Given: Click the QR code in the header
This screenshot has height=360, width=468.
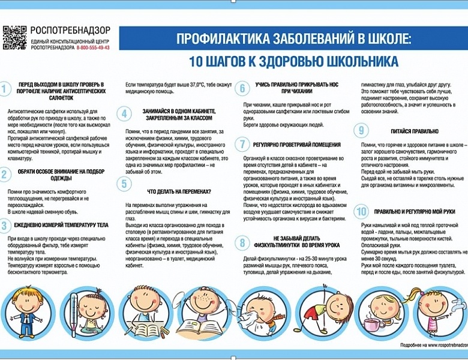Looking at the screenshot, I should tap(14, 37).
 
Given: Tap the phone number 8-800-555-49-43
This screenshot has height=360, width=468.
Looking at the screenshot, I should tap(93, 47).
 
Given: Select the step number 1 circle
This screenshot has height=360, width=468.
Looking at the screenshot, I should tap(5, 89).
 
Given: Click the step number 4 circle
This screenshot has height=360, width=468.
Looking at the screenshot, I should tap(124, 114).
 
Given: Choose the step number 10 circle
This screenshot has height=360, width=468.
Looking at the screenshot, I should tap(361, 211).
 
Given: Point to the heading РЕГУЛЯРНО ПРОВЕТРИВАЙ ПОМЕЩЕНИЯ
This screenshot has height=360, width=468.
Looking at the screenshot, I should tap(297, 145).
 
